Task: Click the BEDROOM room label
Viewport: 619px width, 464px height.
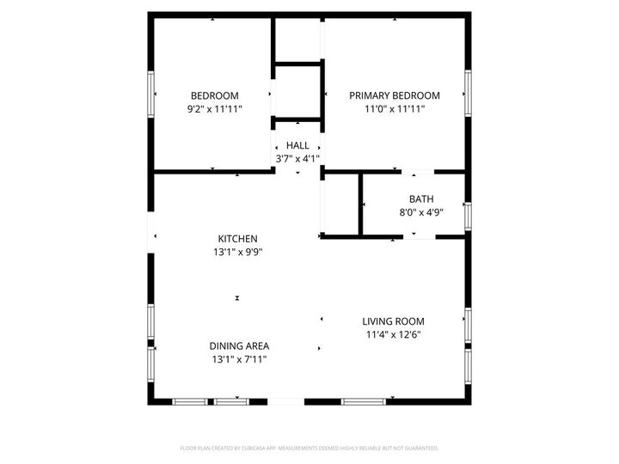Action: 215,95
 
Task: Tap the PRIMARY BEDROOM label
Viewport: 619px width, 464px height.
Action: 395,95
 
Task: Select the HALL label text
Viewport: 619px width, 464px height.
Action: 297,145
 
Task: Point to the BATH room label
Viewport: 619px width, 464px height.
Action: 421,198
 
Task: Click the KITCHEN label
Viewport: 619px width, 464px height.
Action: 237,239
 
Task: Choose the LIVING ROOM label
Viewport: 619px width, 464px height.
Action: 394,321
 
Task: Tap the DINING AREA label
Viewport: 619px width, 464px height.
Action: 238,345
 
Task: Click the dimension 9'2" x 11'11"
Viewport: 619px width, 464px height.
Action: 215,109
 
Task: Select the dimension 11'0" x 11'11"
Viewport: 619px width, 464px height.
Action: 395,109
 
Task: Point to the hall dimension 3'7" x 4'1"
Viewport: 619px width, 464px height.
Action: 297,159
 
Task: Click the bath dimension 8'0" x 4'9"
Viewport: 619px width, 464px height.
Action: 421,212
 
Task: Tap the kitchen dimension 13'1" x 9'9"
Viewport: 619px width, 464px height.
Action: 237,253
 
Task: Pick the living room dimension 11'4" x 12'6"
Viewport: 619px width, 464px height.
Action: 394,335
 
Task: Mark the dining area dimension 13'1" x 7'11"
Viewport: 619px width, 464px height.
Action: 238,359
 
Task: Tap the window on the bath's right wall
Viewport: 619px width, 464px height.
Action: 469,215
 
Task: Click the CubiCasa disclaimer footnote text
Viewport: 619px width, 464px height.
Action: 309,448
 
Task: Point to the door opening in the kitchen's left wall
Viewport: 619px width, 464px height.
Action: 151,237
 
